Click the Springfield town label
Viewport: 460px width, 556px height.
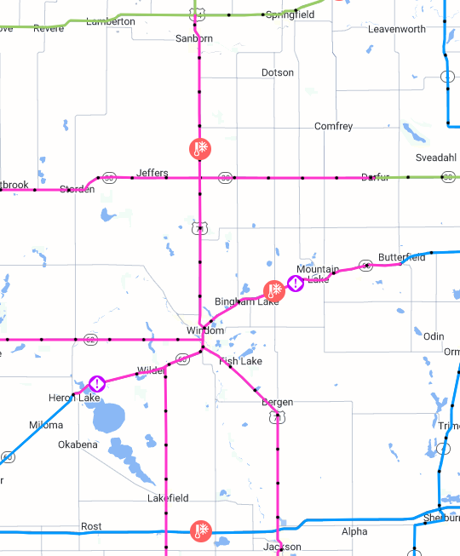pyautogui.click(x=290, y=15)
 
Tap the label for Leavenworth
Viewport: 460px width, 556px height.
pyautogui.click(x=396, y=29)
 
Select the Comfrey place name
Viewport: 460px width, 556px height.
pyautogui.click(x=333, y=127)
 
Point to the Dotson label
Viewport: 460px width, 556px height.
pyautogui.click(x=278, y=73)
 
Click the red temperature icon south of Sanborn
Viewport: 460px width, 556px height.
pyautogui.click(x=199, y=150)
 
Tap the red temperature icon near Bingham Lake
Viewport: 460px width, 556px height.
pyautogui.click(x=273, y=289)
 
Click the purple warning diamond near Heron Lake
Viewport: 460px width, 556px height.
pyautogui.click(x=97, y=384)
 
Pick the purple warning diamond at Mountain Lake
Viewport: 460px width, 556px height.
pyautogui.click(x=294, y=284)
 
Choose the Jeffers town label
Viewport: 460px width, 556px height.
pyautogui.click(x=152, y=173)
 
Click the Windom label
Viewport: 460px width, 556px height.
pyautogui.click(x=205, y=330)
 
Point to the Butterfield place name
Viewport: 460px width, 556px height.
pyautogui.click(x=401, y=257)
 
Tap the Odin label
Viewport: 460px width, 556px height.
pyautogui.click(x=434, y=336)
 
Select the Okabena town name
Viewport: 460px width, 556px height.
pyautogui.click(x=78, y=444)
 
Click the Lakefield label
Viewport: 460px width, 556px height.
pyautogui.click(x=167, y=498)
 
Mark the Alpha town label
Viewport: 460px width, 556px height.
pyautogui.click(x=354, y=532)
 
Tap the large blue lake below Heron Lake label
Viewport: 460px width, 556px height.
pyautogui.click(x=107, y=417)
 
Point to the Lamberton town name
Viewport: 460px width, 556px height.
pyautogui.click(x=111, y=21)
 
